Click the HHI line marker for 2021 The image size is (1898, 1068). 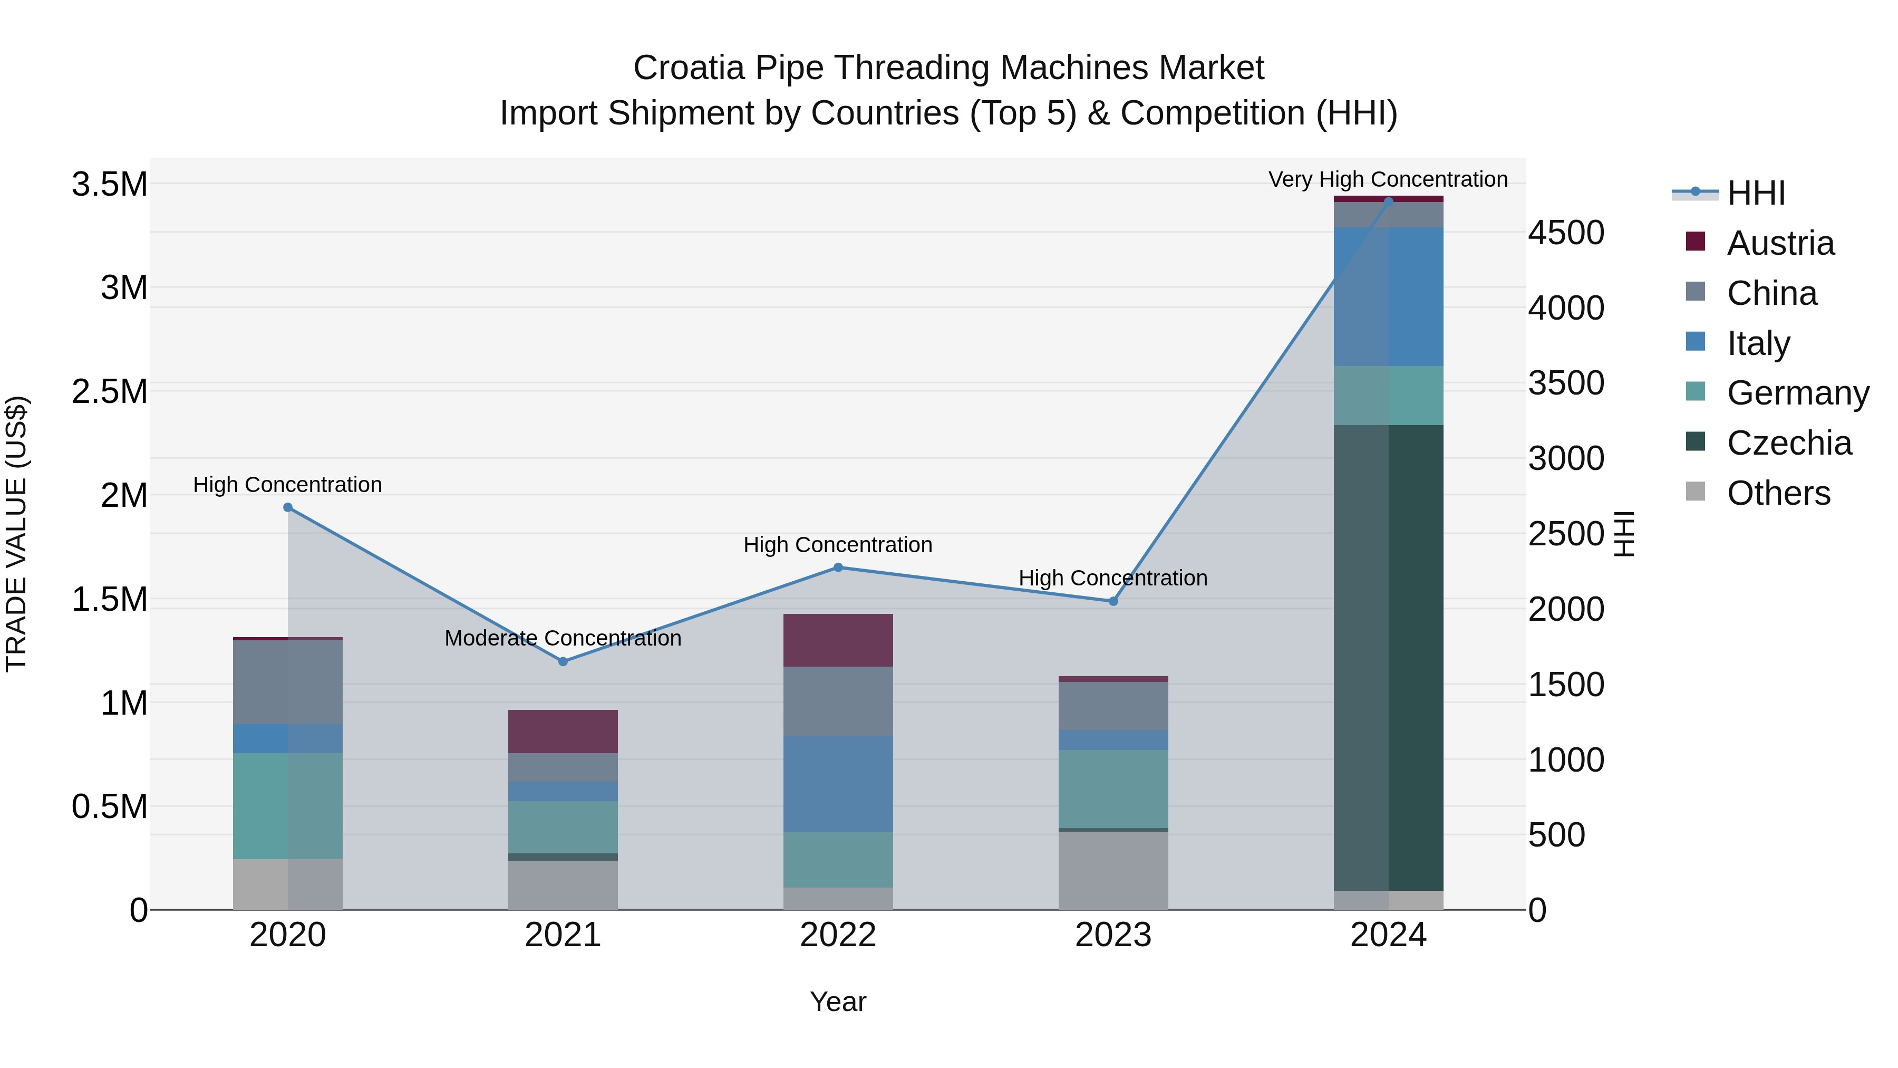563,661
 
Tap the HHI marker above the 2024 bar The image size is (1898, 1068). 1388,201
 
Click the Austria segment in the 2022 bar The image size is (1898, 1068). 838,640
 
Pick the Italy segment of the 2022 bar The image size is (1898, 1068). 838,784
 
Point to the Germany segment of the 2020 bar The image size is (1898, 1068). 287,805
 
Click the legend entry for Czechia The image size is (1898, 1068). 1788,443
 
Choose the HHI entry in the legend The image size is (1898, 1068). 1755,193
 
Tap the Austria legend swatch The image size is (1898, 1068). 1696,242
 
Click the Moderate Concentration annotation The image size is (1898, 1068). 563,638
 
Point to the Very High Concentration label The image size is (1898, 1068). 1388,179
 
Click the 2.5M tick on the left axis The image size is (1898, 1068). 109,391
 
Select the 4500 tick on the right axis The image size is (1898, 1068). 1566,233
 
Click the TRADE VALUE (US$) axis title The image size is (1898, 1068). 16,534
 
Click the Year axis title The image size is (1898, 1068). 838,1002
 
